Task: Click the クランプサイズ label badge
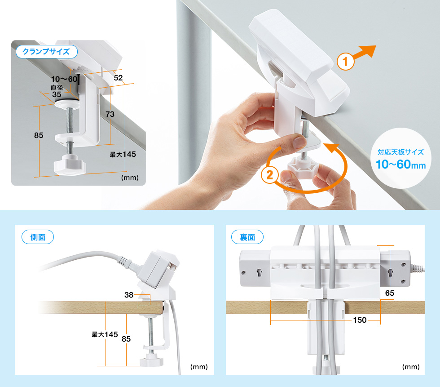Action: [x=46, y=52]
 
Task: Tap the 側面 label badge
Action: [x=38, y=237]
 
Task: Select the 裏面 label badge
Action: [x=247, y=237]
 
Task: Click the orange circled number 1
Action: [x=345, y=62]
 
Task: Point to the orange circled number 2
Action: [x=269, y=175]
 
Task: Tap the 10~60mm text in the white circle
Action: [x=400, y=165]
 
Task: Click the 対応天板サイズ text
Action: [x=400, y=152]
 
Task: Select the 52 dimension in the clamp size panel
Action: [x=118, y=77]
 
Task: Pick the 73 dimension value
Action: [x=110, y=114]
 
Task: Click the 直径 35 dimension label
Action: [x=57, y=91]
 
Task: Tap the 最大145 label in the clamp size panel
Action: [x=123, y=154]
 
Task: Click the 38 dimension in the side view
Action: [x=129, y=294]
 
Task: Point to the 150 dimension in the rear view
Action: [x=360, y=320]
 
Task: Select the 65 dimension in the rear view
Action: [x=390, y=293]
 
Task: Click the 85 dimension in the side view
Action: [x=126, y=339]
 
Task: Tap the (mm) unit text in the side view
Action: [x=199, y=367]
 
